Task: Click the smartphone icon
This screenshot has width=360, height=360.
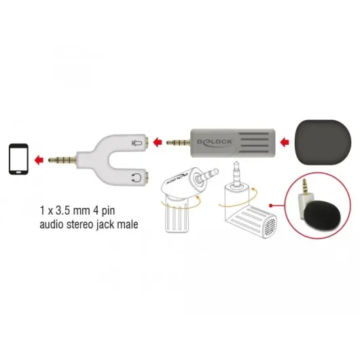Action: pos(18,159)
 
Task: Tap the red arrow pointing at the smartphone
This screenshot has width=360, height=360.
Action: pos(39,160)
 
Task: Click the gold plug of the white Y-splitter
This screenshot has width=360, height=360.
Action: pos(62,160)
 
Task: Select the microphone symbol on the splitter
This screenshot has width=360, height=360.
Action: pos(137,143)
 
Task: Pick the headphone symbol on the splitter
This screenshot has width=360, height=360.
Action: pos(137,178)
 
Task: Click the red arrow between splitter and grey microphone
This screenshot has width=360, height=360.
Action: pos(158,142)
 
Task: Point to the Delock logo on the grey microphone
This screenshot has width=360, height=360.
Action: pos(215,143)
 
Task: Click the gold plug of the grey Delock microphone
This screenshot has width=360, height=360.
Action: pos(179,143)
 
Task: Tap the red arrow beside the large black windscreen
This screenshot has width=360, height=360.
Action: pos(285,142)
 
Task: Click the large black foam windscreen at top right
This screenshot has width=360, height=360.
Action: pos(323,142)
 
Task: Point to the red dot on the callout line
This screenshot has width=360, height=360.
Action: pos(271,205)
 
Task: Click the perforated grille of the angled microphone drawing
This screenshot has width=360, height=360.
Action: pos(270,227)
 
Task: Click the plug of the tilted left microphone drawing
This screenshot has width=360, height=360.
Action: pos(208,175)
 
